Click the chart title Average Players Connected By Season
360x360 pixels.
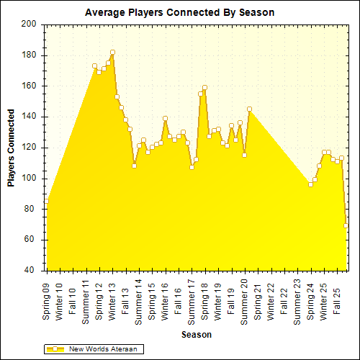click(x=179, y=12)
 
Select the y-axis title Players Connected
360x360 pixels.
click(x=12, y=148)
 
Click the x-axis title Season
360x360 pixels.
click(x=196, y=335)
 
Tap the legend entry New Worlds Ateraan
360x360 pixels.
click(x=101, y=349)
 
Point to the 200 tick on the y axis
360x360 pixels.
click(x=29, y=24)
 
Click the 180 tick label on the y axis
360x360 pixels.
click(x=29, y=55)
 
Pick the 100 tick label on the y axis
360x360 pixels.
click(x=29, y=179)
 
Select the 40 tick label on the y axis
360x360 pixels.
click(x=31, y=271)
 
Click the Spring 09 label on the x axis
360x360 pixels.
click(x=47, y=301)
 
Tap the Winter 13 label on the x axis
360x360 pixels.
click(x=112, y=301)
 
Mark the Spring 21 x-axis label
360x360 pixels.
click(x=258, y=301)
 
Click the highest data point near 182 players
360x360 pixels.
click(x=112, y=53)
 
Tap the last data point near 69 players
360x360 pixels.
click(x=346, y=226)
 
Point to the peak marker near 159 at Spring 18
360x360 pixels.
click(x=204, y=88)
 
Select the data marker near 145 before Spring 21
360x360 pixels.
click(x=249, y=109)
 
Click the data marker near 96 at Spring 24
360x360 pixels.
click(x=310, y=184)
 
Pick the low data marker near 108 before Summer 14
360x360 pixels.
click(x=134, y=166)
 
